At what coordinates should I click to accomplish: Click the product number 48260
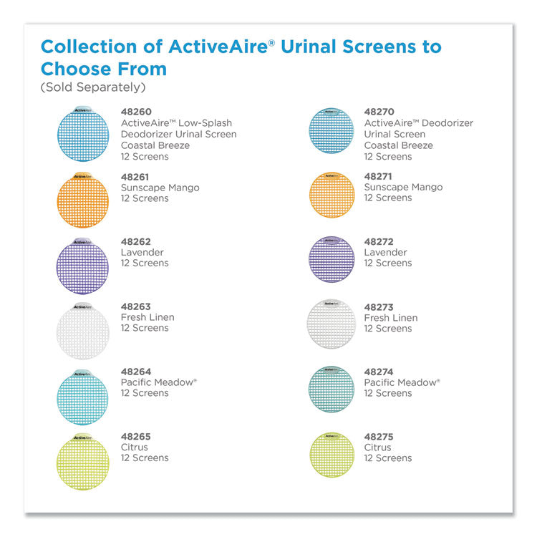[136, 112]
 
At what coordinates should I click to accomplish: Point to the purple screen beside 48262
[82, 264]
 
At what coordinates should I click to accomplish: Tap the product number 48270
[379, 112]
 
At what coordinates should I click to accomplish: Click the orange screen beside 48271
[332, 194]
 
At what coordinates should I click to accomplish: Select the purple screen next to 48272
[332, 259]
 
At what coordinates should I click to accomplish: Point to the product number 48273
[379, 307]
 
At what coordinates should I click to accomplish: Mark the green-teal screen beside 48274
[332, 389]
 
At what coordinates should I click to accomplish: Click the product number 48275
[379, 437]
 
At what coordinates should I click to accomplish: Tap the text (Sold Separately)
[93, 87]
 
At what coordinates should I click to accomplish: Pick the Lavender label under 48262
[142, 253]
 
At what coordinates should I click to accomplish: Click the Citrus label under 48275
[378, 447]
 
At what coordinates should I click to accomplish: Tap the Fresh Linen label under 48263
[147, 317]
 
